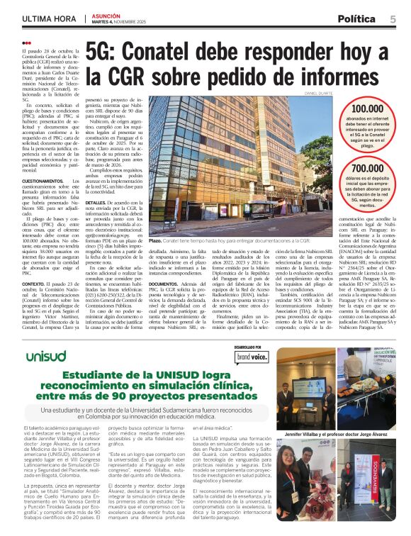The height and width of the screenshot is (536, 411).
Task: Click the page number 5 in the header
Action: coord(393,19)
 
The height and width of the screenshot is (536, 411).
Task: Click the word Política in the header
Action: coord(359,19)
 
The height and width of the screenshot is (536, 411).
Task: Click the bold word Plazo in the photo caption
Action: coord(157,241)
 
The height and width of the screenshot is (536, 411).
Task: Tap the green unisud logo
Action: coord(45,355)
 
